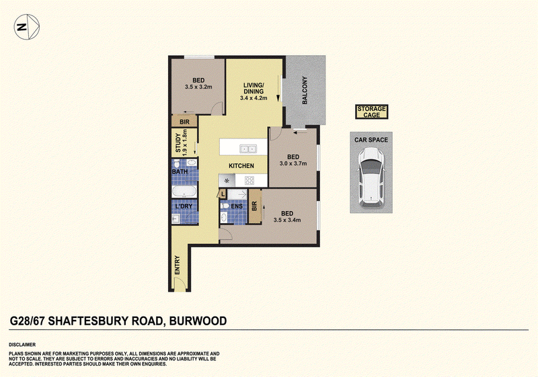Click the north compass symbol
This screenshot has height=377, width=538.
27,27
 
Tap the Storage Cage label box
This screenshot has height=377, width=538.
372,112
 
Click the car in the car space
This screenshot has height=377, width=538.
371,177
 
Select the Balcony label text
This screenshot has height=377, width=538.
305,90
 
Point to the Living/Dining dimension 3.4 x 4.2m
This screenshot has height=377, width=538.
254,98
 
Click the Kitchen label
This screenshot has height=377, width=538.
241,166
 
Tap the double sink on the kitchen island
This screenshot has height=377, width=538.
248,149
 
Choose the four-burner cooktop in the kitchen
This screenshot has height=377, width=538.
249,180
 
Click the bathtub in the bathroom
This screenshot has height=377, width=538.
184,191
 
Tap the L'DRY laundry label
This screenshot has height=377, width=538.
184,206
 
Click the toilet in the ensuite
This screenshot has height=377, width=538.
225,206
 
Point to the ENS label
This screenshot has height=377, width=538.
237,206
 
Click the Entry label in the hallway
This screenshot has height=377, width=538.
178,265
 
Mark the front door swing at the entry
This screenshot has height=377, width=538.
180,284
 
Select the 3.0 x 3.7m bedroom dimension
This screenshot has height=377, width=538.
293,163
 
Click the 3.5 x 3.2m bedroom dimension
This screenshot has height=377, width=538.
198,87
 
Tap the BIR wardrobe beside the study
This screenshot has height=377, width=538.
184,122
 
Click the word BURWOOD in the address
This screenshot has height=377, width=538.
198,321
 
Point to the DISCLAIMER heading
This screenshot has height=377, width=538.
22,345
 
